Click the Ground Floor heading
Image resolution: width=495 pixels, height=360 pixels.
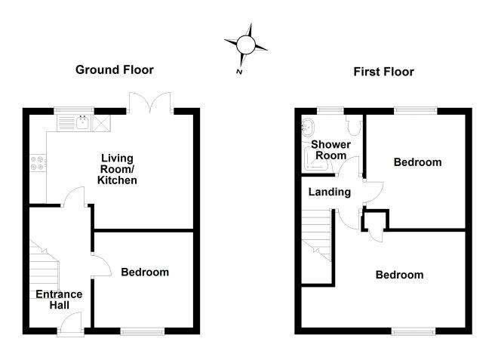pyautogui.click(x=115, y=69)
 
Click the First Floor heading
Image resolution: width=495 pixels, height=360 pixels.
pyautogui.click(x=383, y=72)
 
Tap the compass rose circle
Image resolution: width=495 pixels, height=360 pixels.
pyautogui.click(x=245, y=45)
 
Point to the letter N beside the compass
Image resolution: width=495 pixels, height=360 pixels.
pyautogui.click(x=239, y=72)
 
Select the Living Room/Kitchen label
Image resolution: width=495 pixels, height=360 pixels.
pyautogui.click(x=117, y=169)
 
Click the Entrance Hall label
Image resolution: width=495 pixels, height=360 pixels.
pyautogui.click(x=59, y=300)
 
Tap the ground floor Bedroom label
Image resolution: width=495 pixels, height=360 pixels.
pyautogui.click(x=145, y=272)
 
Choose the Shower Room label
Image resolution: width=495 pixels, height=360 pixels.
pyautogui.click(x=331, y=150)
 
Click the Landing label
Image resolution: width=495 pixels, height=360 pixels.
pyautogui.click(x=330, y=192)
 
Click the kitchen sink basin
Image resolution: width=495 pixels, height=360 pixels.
pyautogui.click(x=83, y=122)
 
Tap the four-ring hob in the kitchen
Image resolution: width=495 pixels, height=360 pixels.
pyautogui.click(x=38, y=163)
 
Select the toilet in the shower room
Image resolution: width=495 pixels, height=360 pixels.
pyautogui.click(x=354, y=125)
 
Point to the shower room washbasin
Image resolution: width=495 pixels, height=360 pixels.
pyautogui.click(x=307, y=128)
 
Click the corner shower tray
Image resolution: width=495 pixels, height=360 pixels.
pyautogui.click(x=315, y=161)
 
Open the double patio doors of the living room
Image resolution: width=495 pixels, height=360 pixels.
pyautogui.click(x=150, y=103)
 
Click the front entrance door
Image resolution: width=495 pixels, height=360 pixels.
pyautogui.click(x=71, y=323)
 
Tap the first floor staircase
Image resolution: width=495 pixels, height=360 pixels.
pyautogui.click(x=317, y=235)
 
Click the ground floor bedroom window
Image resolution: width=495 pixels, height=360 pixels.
pyautogui.click(x=143, y=331)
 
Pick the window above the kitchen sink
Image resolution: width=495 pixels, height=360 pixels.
pyautogui.click(x=74, y=111)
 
